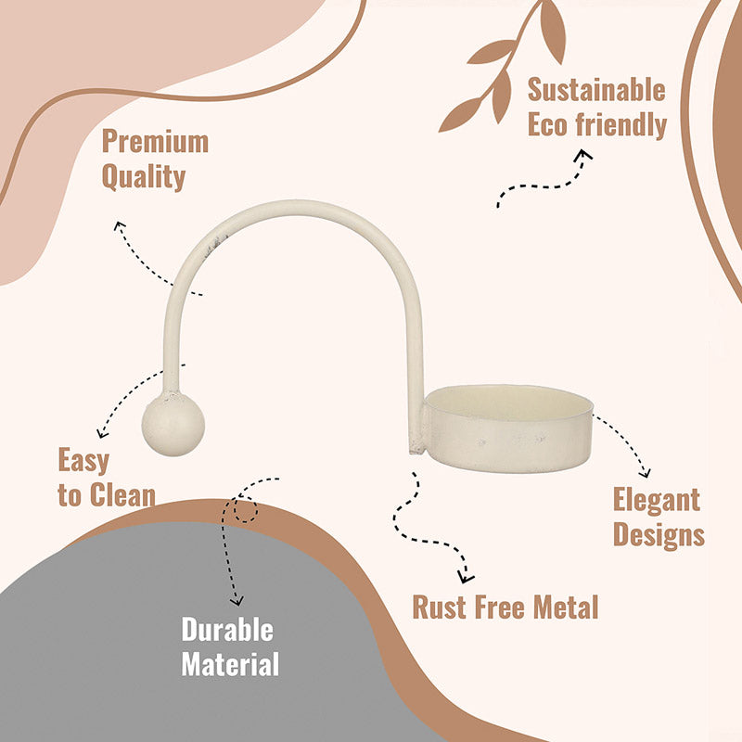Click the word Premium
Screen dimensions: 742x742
coord(155,141)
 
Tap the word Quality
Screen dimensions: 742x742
coord(144,177)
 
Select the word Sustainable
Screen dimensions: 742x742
coord(596,90)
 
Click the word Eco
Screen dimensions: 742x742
coord(547,124)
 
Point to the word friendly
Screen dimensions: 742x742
coord(620,125)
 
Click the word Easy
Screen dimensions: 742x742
coord(83,460)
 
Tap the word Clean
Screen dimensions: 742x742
coord(122,495)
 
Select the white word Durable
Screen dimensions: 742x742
coord(227,630)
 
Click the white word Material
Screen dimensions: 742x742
coord(230,664)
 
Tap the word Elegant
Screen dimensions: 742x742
coord(657,500)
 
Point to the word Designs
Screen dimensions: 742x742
coord(659,535)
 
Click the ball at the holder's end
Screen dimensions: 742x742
coord(173,424)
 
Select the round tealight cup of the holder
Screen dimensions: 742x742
coord(508,429)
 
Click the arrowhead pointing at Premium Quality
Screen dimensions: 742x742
coord(119,226)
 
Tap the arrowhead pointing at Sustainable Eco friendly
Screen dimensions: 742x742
coord(585,155)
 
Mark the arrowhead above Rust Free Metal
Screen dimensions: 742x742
coord(466,577)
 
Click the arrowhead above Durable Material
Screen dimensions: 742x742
coord(237,601)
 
